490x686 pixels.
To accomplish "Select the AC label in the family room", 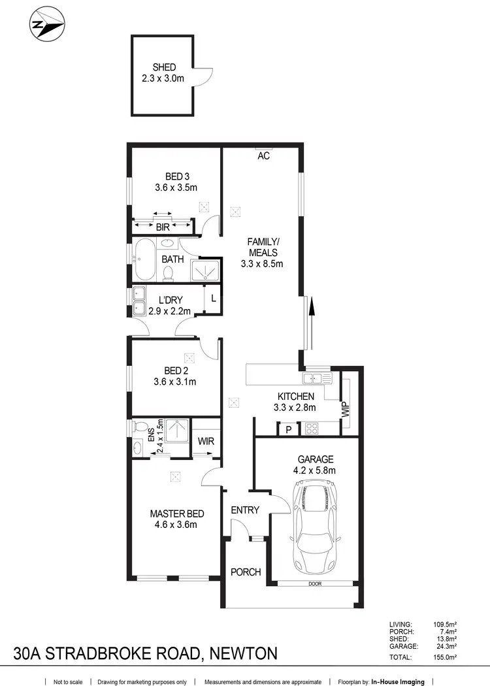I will coord(263,156).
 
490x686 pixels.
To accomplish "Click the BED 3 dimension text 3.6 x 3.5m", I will coord(176,188).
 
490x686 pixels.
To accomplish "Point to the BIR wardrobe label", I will coord(163,227).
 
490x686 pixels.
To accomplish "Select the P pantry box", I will coord(288,429).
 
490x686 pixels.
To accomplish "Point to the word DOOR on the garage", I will coord(316,583).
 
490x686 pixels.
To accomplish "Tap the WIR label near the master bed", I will coord(206,441).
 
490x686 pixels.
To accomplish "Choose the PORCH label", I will coord(246,572).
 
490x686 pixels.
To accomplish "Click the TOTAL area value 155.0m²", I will coord(444,657).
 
